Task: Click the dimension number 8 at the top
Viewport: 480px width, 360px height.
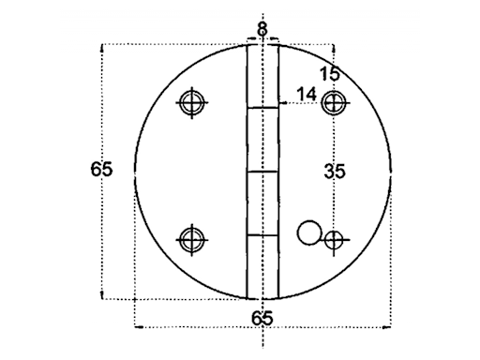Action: click(x=262, y=29)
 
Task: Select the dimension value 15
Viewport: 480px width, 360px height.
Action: click(x=328, y=74)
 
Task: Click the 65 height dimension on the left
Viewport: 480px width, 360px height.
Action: click(x=102, y=170)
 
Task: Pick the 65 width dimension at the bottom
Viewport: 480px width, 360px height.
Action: click(x=262, y=318)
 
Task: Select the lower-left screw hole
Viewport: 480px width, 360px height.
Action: click(x=192, y=239)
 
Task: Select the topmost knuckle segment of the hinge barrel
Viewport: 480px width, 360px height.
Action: click(x=262, y=75)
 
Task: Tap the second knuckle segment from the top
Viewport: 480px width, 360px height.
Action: click(x=262, y=141)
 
